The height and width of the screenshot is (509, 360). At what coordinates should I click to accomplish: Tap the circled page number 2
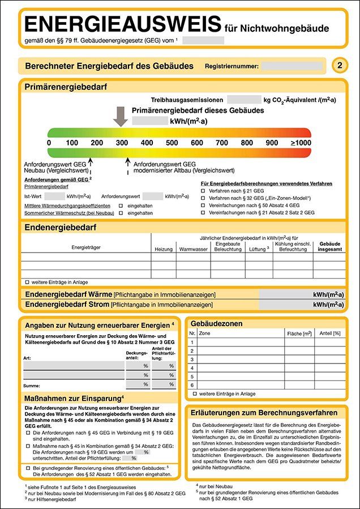click(x=339, y=66)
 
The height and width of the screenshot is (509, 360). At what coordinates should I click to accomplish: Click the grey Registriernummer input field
click(x=292, y=66)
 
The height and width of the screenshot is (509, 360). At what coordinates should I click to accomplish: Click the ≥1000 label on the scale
click(x=301, y=143)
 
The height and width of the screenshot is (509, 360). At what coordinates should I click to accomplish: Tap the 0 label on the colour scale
click(x=49, y=143)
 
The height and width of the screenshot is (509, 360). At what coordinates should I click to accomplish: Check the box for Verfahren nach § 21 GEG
click(x=203, y=191)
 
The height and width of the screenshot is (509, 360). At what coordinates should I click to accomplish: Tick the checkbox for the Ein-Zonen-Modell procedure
click(x=203, y=199)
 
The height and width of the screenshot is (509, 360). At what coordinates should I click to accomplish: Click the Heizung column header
click(x=163, y=249)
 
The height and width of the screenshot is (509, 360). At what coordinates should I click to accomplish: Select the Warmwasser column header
click(x=193, y=249)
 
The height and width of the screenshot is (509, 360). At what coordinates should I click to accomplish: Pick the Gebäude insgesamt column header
click(x=329, y=246)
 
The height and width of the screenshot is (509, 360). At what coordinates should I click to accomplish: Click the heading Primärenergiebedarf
click(x=65, y=87)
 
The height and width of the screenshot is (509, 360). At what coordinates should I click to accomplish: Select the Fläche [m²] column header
click(x=299, y=333)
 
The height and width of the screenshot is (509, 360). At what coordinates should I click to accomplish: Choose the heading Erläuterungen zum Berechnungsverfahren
click(x=265, y=413)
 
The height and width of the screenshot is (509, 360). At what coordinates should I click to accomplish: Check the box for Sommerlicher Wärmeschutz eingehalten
click(x=121, y=213)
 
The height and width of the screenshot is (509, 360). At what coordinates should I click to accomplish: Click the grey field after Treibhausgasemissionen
click(x=243, y=100)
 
